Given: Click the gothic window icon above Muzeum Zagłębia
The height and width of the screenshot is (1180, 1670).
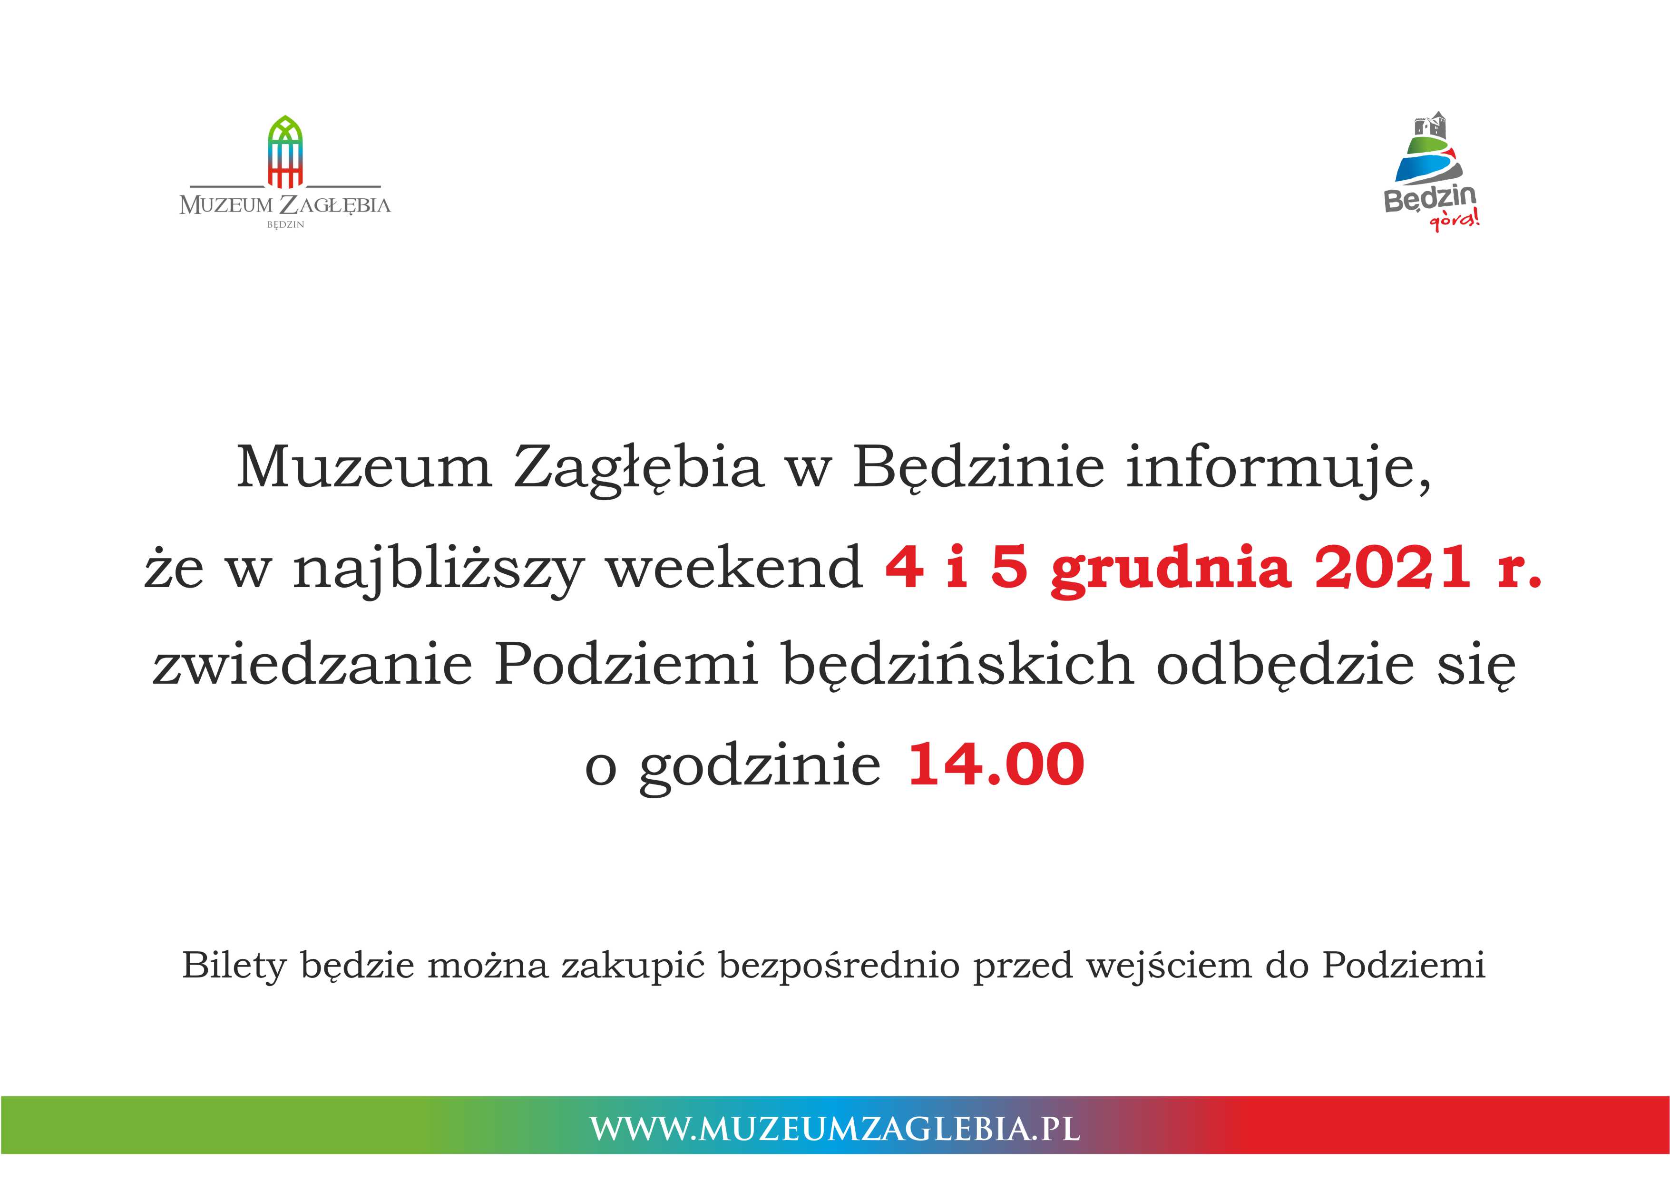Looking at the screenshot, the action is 285,151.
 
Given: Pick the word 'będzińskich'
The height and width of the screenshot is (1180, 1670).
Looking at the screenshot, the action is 958,665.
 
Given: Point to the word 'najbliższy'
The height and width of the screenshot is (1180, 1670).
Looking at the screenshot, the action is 438,571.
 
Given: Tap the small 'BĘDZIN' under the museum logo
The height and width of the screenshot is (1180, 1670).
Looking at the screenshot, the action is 285,225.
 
